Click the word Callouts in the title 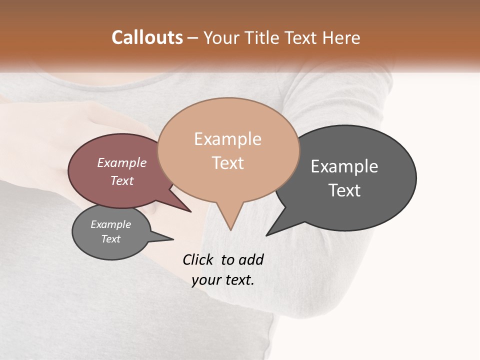click(147, 37)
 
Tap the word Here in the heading click(342, 37)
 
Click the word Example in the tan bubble click(227, 139)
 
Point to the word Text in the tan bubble click(227, 163)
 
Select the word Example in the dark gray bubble click(344, 166)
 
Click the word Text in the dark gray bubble click(344, 190)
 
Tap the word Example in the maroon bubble click(122, 162)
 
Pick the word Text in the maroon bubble click(122, 180)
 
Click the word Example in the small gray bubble click(110, 224)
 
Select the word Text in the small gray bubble click(110, 239)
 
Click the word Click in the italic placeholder click(197, 259)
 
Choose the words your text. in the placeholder click(223, 280)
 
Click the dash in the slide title click(193, 37)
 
